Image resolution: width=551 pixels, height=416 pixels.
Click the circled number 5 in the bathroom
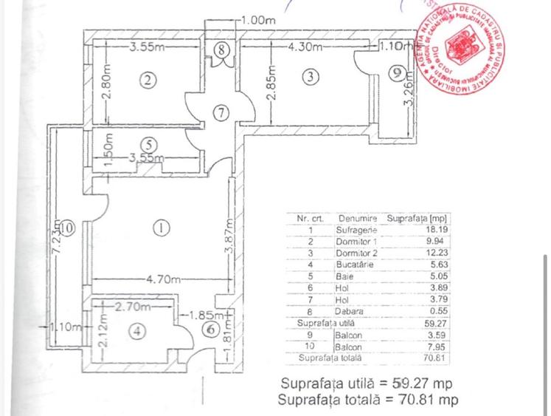pos(148,144)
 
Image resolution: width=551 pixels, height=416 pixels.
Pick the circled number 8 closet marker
pos(221,50)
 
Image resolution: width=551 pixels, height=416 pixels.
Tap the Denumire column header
pos(358,218)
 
